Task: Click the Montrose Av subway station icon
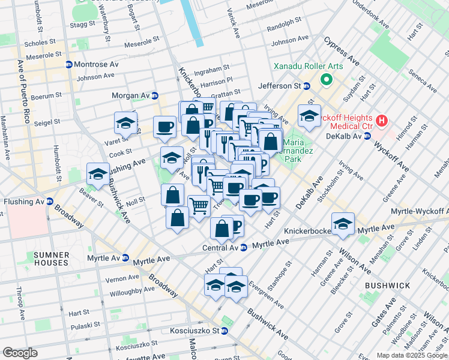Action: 69,65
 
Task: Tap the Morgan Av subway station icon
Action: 155,95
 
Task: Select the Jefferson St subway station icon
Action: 306,86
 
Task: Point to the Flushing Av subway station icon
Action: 49,202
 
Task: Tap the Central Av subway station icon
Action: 243,247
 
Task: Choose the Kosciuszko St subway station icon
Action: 224,331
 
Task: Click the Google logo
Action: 20,353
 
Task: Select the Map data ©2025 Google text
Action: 412,355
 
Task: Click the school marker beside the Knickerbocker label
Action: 343,223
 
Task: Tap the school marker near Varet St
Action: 126,122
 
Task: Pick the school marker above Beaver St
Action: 98,174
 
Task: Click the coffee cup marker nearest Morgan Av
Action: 164,127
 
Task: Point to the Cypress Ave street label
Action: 342,52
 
